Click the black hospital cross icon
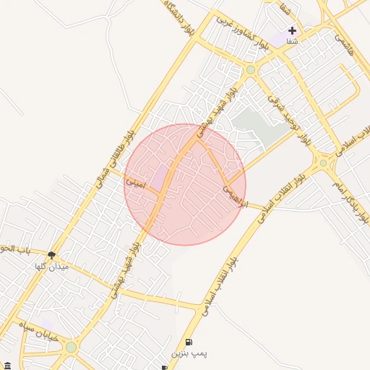[292, 30]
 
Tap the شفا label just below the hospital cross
[292, 43]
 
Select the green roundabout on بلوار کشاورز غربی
[251, 70]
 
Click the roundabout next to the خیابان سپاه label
[71, 348]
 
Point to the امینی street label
[136, 184]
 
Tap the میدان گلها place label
[51, 267]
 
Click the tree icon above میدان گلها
[51, 254]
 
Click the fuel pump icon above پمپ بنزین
[189, 342]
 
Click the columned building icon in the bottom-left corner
[7, 365]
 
